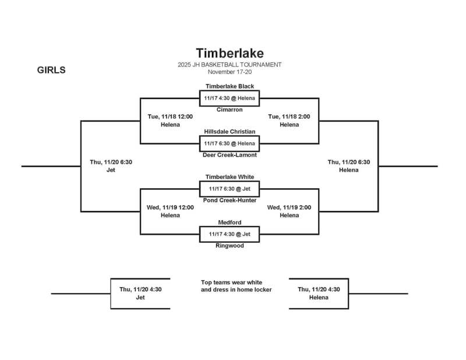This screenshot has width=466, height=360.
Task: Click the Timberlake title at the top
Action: coord(230,54)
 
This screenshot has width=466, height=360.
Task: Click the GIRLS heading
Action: coord(51,70)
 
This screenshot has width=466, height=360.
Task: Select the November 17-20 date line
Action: coord(230,72)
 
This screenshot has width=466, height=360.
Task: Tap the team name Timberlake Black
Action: coord(230,86)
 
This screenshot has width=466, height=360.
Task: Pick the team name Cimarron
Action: coord(230,110)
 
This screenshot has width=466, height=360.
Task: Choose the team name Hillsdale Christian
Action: coord(230,132)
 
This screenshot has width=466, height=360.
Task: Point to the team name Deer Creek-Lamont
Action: coord(230,155)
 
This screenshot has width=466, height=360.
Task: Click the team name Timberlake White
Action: coord(230,177)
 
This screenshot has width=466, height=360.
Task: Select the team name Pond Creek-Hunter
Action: coord(230,200)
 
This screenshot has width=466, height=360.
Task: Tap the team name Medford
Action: coord(230,223)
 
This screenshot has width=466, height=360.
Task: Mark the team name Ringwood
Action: coord(230,246)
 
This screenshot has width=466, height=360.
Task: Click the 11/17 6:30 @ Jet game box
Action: coord(230,189)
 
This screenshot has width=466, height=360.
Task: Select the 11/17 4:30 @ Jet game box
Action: coord(230,234)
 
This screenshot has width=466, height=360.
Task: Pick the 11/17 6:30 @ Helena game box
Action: coord(230,143)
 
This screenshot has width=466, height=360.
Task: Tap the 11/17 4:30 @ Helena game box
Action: coord(230,98)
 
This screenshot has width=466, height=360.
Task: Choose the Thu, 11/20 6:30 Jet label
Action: coord(111,166)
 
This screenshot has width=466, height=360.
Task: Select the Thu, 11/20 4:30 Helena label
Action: coord(319,293)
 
